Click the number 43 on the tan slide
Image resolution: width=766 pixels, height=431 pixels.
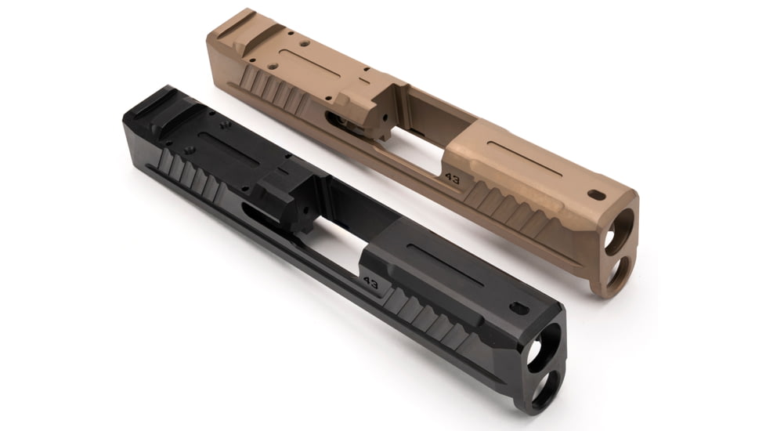(x=452, y=177)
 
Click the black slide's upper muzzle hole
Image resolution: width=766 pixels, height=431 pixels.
(x=540, y=351)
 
